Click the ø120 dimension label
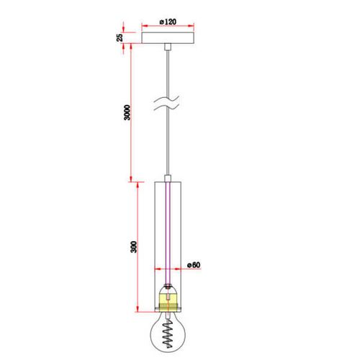(168, 22)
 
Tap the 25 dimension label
(120, 37)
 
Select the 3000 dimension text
(127, 112)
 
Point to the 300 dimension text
(133, 247)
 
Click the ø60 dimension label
(194, 265)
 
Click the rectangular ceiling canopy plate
(168, 38)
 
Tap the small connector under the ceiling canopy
(168, 47)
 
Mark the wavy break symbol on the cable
(166, 103)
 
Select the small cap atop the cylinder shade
(168, 179)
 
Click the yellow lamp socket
(168, 300)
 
